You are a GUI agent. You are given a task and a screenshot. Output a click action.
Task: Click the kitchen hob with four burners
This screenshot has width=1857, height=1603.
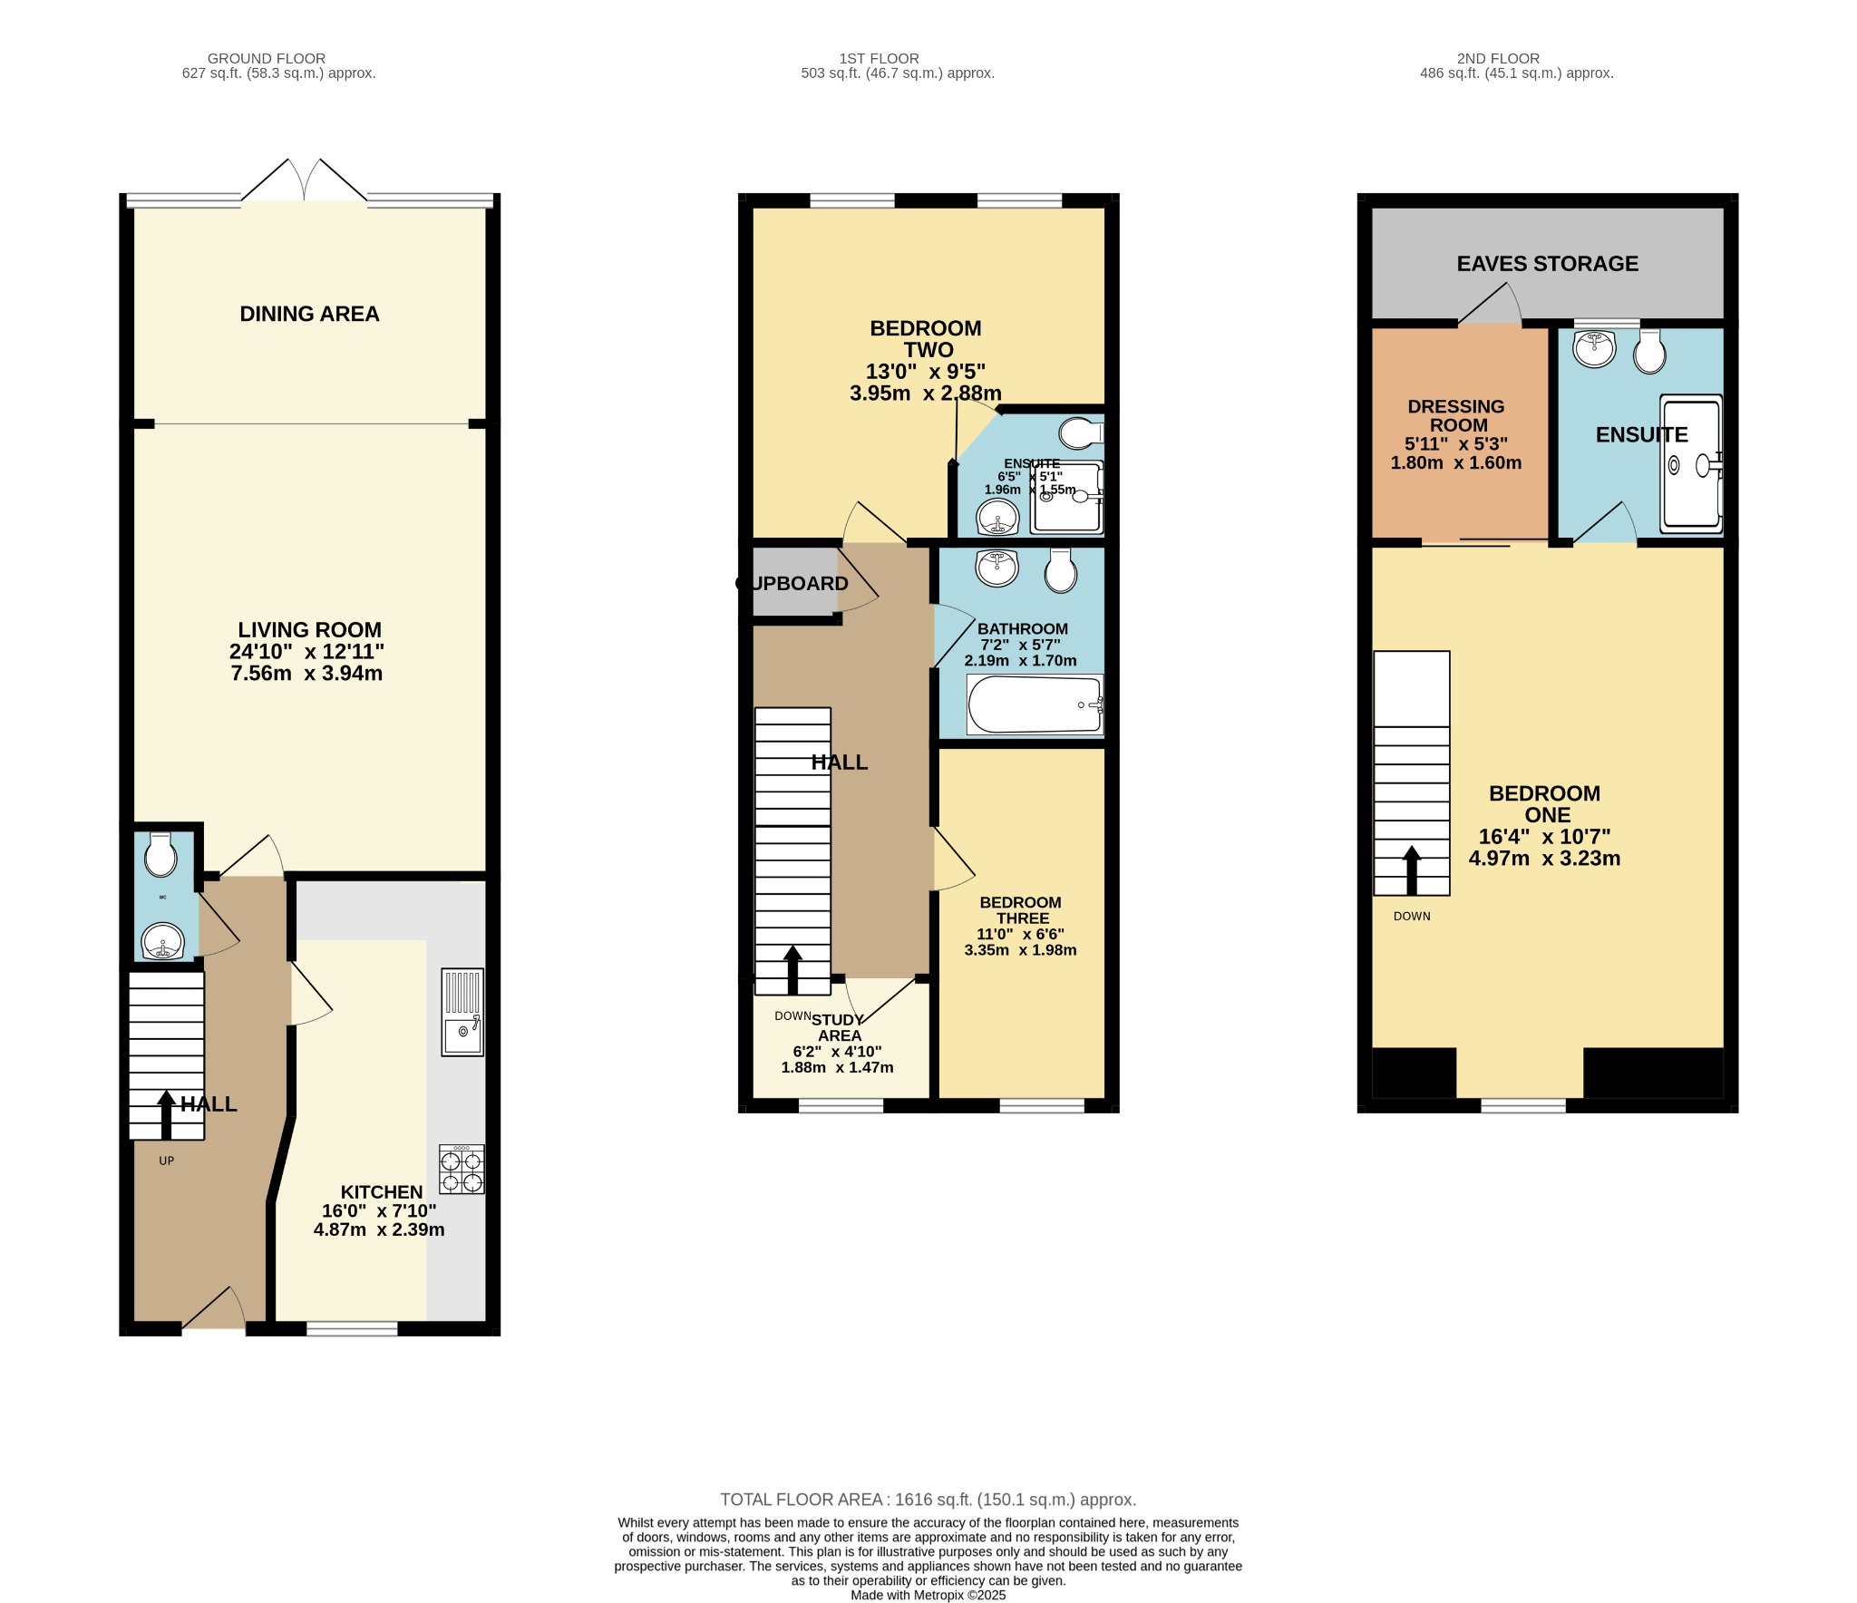462,1170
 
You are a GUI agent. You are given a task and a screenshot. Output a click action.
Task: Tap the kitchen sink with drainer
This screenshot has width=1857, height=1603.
462,1013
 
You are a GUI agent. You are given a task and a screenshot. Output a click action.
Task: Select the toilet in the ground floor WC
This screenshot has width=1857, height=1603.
160,854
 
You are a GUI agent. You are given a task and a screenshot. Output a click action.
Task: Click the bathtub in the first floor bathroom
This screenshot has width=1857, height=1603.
1035,705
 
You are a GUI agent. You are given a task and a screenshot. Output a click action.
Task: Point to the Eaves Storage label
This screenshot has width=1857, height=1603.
1547,264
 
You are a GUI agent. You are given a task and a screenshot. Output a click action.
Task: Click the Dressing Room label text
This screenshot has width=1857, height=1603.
1456,415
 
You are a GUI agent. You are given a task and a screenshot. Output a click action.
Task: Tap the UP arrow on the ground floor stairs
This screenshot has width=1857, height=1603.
166,1114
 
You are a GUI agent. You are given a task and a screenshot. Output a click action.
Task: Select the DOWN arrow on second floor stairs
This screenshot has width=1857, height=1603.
1412,870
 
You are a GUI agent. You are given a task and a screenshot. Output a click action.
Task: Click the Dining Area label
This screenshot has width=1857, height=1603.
309,314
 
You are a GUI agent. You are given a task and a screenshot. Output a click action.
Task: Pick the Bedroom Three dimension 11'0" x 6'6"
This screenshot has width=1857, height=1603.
1020,934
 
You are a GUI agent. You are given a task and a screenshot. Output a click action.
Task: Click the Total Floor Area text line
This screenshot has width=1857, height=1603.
928,1500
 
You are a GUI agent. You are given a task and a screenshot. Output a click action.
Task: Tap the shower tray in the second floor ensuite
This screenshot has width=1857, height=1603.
1691,464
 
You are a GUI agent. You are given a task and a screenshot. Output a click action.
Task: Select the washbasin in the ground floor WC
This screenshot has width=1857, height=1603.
163,942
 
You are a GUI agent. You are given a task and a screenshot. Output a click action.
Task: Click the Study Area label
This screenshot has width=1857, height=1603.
839,1027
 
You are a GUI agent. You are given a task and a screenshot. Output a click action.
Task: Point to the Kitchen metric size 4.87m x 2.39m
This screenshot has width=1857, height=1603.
379,1230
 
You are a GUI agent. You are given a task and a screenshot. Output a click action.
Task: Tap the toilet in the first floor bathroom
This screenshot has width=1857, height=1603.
1061,570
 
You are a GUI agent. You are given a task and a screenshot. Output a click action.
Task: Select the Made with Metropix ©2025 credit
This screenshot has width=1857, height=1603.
928,1595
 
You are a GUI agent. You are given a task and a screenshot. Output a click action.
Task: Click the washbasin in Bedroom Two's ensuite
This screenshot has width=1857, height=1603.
997,519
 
